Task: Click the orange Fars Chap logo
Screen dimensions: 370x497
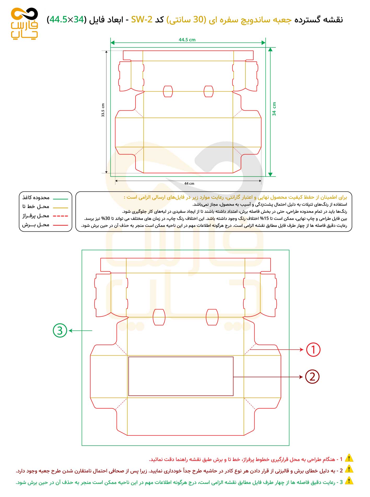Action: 24,23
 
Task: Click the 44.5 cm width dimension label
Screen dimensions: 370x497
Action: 187,40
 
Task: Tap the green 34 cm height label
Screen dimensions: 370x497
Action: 274,109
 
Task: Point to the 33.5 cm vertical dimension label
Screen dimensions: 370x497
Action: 103,110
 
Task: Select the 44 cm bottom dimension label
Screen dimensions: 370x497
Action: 189,183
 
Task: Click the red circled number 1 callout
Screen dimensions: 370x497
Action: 313,350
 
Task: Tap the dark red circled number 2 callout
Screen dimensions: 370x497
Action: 312,377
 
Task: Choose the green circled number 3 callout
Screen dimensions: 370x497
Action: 60,331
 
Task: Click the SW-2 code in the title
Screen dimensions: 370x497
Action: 142,20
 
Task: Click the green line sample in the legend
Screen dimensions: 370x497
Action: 60,199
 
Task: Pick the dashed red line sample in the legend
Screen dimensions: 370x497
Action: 60,216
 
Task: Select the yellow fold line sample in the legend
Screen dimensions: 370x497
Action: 60,208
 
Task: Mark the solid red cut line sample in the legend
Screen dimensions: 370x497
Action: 60,225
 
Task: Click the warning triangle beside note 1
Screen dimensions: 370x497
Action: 349,458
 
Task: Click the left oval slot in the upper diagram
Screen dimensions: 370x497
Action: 168,91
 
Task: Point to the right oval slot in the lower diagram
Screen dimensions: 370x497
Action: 212,317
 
